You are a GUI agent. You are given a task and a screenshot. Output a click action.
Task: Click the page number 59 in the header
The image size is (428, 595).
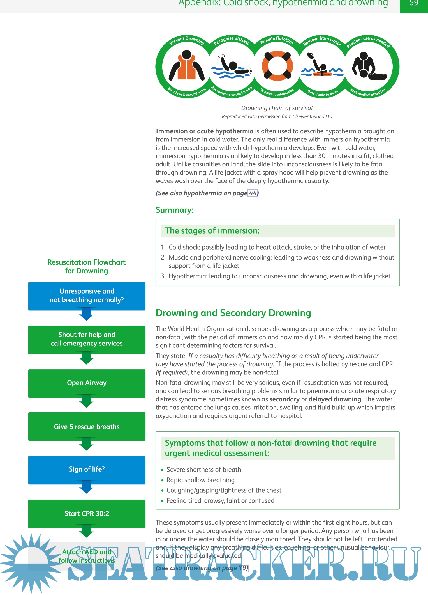414,3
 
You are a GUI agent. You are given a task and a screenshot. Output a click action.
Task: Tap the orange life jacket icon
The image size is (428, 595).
187,67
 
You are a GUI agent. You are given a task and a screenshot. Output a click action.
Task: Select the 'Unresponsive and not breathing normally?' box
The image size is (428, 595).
87,296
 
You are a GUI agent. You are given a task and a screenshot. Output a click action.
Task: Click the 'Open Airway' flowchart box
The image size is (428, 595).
87,383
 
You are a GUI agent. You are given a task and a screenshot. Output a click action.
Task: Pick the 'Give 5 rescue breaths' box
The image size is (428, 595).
87,427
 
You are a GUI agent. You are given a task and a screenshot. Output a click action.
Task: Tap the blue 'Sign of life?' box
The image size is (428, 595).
87,470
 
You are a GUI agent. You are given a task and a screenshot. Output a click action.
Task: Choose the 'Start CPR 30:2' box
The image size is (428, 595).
87,514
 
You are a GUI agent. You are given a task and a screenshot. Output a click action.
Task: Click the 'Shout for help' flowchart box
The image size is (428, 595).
87,339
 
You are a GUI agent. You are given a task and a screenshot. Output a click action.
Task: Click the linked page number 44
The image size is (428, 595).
253,193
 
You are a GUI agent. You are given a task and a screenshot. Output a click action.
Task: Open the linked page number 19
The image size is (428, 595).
243,568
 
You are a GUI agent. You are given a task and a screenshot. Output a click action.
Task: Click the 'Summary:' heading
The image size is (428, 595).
174,210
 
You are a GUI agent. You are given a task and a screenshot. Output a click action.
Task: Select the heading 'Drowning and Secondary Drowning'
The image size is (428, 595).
233,313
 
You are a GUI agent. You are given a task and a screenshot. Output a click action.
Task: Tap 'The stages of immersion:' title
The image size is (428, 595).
212,231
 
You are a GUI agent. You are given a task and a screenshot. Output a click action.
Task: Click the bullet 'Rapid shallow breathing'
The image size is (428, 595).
200,480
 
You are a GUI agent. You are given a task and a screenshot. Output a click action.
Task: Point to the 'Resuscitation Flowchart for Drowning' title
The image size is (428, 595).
86,266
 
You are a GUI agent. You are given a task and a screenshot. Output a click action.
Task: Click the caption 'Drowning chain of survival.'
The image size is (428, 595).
277,108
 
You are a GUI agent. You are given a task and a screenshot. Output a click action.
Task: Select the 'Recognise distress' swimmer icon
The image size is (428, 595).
232,67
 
